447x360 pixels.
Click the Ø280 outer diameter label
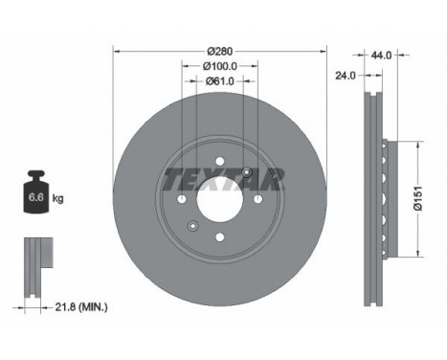click(220, 51)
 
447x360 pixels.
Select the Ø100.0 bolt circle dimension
click(220, 66)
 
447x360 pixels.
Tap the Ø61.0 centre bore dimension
click(220, 81)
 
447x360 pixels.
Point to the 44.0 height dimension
click(381, 56)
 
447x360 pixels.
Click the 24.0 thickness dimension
click(346, 76)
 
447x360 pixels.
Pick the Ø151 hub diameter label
click(417, 198)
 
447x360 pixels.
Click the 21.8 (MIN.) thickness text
click(81, 307)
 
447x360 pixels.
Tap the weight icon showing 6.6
click(36, 191)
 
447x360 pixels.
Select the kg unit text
click(58, 198)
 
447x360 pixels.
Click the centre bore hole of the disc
click(220, 199)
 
